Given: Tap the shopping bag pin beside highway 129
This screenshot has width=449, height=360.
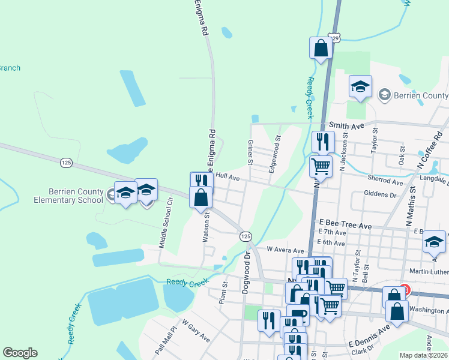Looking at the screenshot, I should coord(321,48).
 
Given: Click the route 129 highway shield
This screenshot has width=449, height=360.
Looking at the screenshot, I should coord(334,38).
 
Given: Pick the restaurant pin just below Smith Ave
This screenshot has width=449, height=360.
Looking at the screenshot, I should coord(323,142).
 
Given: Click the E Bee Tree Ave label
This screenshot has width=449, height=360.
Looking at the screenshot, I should coord(346,223).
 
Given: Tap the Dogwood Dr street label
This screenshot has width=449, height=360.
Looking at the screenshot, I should coord(247,272).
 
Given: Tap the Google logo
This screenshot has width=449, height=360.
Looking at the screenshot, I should coord(20,353).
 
